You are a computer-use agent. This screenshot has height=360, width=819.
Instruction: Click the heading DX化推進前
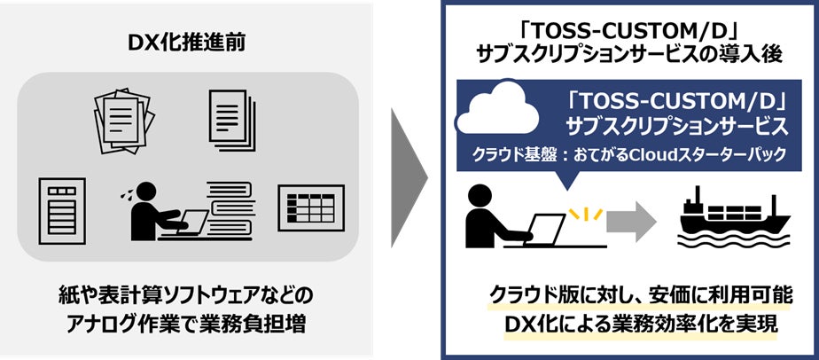click(x=187, y=42)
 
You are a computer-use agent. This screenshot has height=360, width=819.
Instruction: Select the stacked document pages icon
click(x=233, y=116)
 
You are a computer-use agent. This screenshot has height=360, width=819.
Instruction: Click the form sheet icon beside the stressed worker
click(x=61, y=207)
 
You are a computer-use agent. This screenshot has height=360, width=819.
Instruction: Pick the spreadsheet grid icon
click(x=310, y=206)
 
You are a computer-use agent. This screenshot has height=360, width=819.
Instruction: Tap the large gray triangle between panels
click(x=409, y=180)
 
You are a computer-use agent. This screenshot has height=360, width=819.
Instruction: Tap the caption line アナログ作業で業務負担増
click(x=188, y=324)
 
